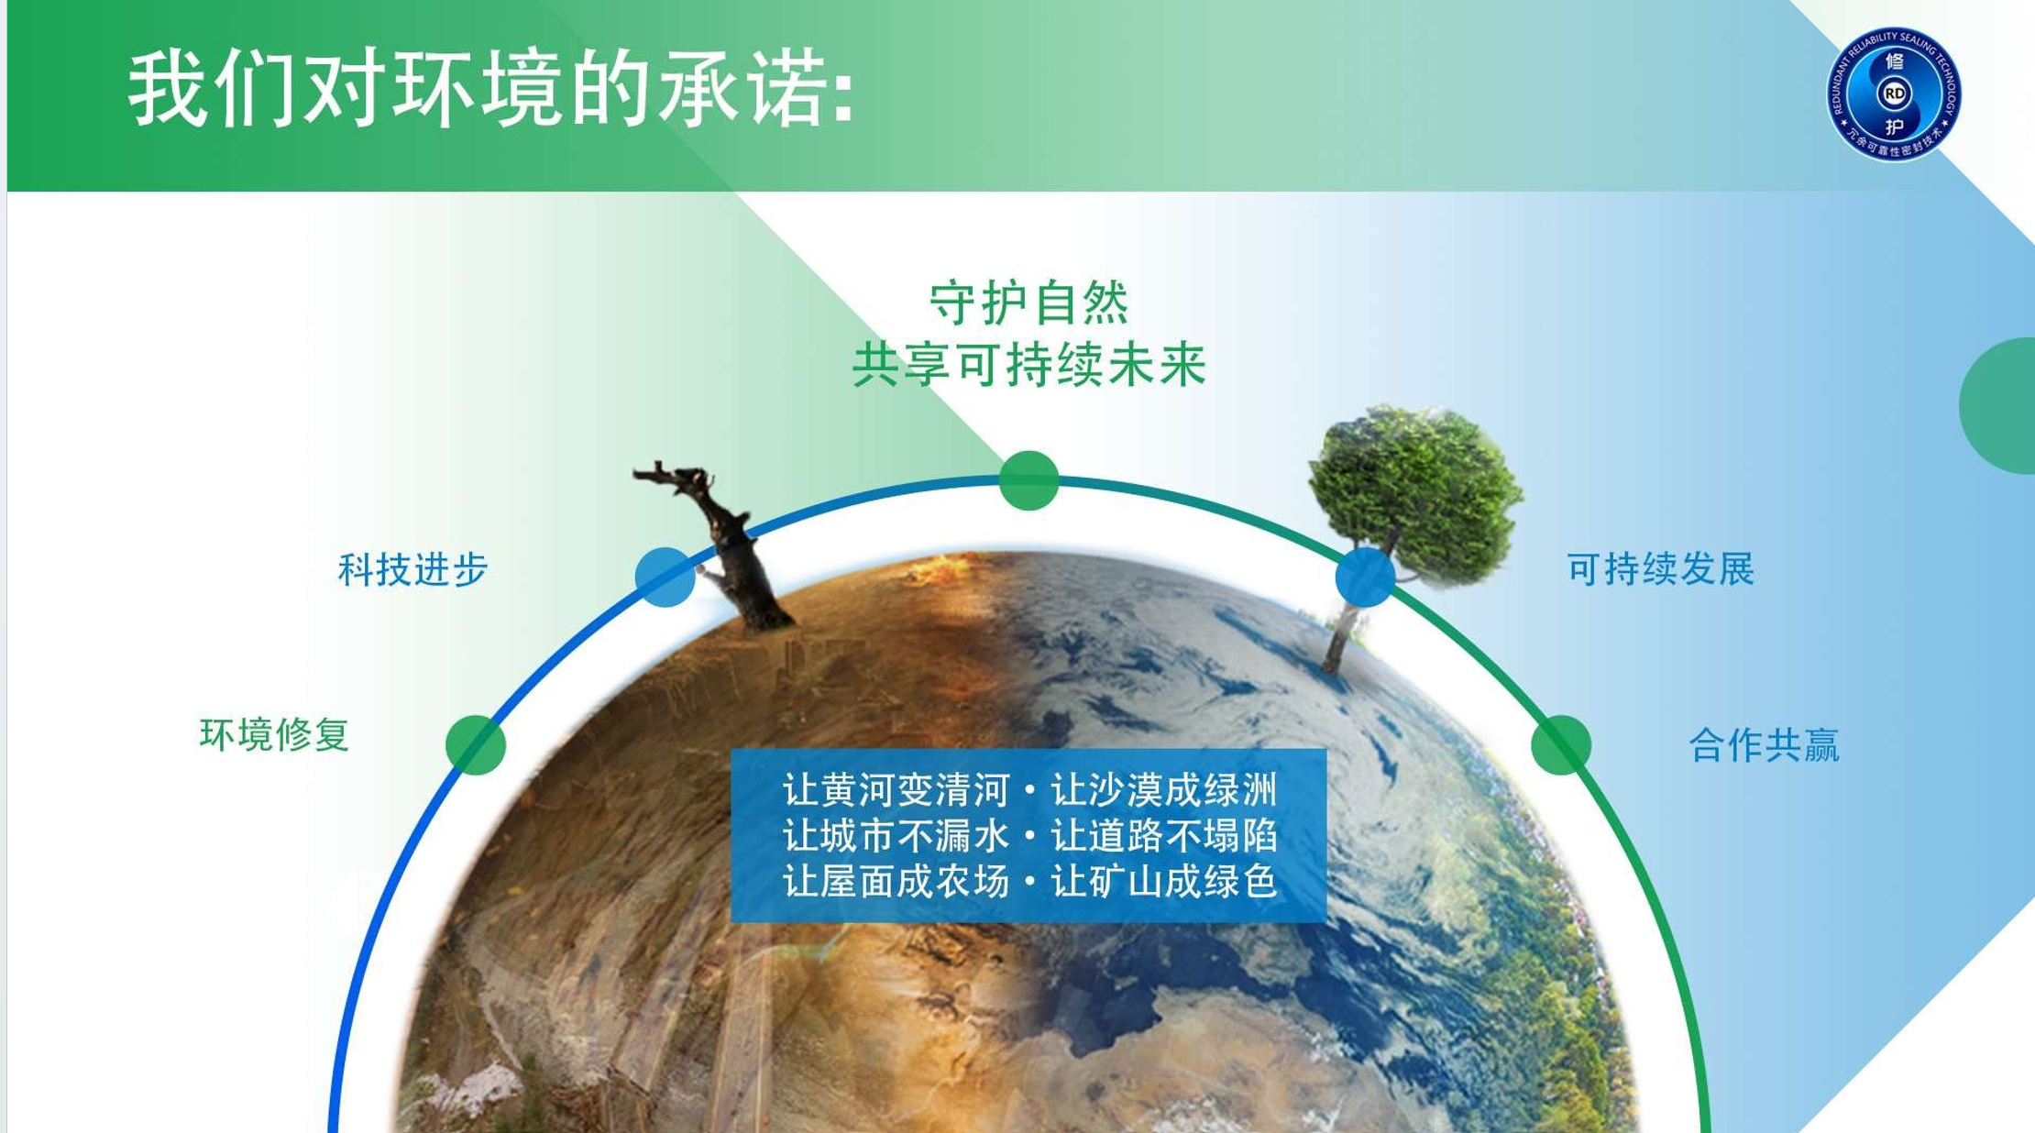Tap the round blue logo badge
pyautogui.click(x=1893, y=94)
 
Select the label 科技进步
pyautogui.click(x=412, y=569)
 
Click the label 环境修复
pyautogui.click(x=274, y=735)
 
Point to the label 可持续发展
pyautogui.click(x=1660, y=569)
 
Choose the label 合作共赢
pyautogui.click(x=1764, y=745)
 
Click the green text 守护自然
pyautogui.click(x=1028, y=303)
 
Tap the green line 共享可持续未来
pyautogui.click(x=1028, y=365)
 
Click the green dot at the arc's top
pyautogui.click(x=1028, y=480)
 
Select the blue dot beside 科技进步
pyautogui.click(x=665, y=577)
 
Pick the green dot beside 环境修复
pyautogui.click(x=476, y=745)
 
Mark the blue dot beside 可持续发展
pyautogui.click(x=1365, y=577)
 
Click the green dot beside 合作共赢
pyautogui.click(x=1560, y=745)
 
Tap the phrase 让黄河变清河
pyautogui.click(x=896, y=789)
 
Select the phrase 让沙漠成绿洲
pyautogui.click(x=1163, y=789)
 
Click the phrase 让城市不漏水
pyautogui.click(x=896, y=835)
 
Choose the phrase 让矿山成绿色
pyautogui.click(x=1163, y=881)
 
